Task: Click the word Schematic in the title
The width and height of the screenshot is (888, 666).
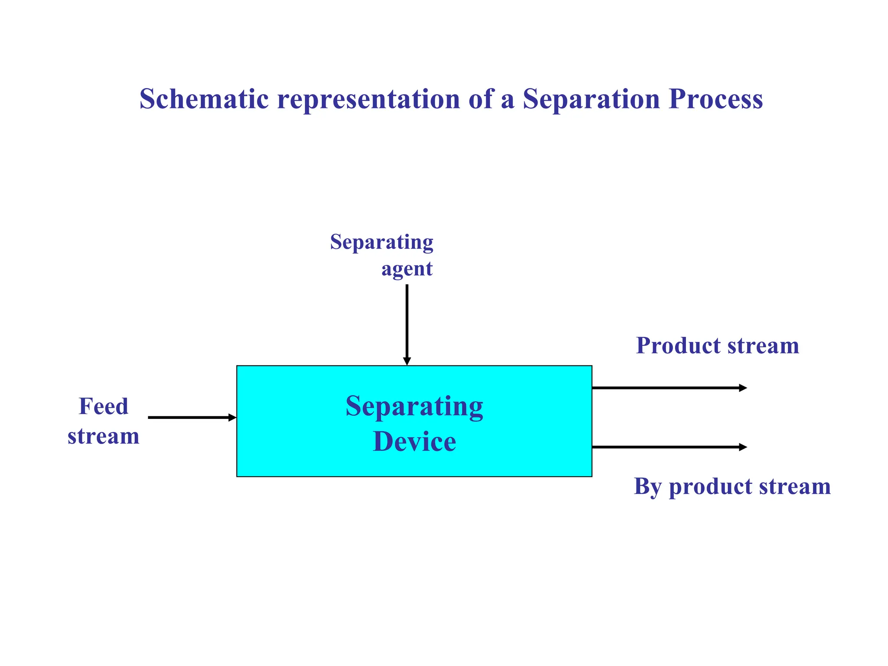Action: (204, 99)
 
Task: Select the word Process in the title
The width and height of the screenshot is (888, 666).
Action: (715, 99)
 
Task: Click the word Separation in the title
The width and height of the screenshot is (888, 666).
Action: (591, 99)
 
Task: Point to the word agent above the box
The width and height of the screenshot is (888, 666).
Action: (407, 269)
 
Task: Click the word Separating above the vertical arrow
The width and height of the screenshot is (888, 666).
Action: (382, 242)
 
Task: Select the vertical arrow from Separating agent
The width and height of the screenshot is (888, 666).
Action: (407, 321)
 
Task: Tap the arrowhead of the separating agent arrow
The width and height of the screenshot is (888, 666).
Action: (407, 361)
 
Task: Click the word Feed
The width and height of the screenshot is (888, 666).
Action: (104, 407)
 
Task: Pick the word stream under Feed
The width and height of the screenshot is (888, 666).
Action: (104, 436)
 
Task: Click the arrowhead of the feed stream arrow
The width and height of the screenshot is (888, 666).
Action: (232, 418)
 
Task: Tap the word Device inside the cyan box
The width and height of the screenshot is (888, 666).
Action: (414, 442)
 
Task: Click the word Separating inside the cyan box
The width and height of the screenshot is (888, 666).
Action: (414, 406)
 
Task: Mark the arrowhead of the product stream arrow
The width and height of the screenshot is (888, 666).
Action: (743, 388)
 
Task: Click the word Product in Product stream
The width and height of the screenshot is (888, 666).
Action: (678, 346)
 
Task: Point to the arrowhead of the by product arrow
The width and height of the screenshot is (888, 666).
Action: (743, 447)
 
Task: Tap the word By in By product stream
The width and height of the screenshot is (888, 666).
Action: (648, 486)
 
